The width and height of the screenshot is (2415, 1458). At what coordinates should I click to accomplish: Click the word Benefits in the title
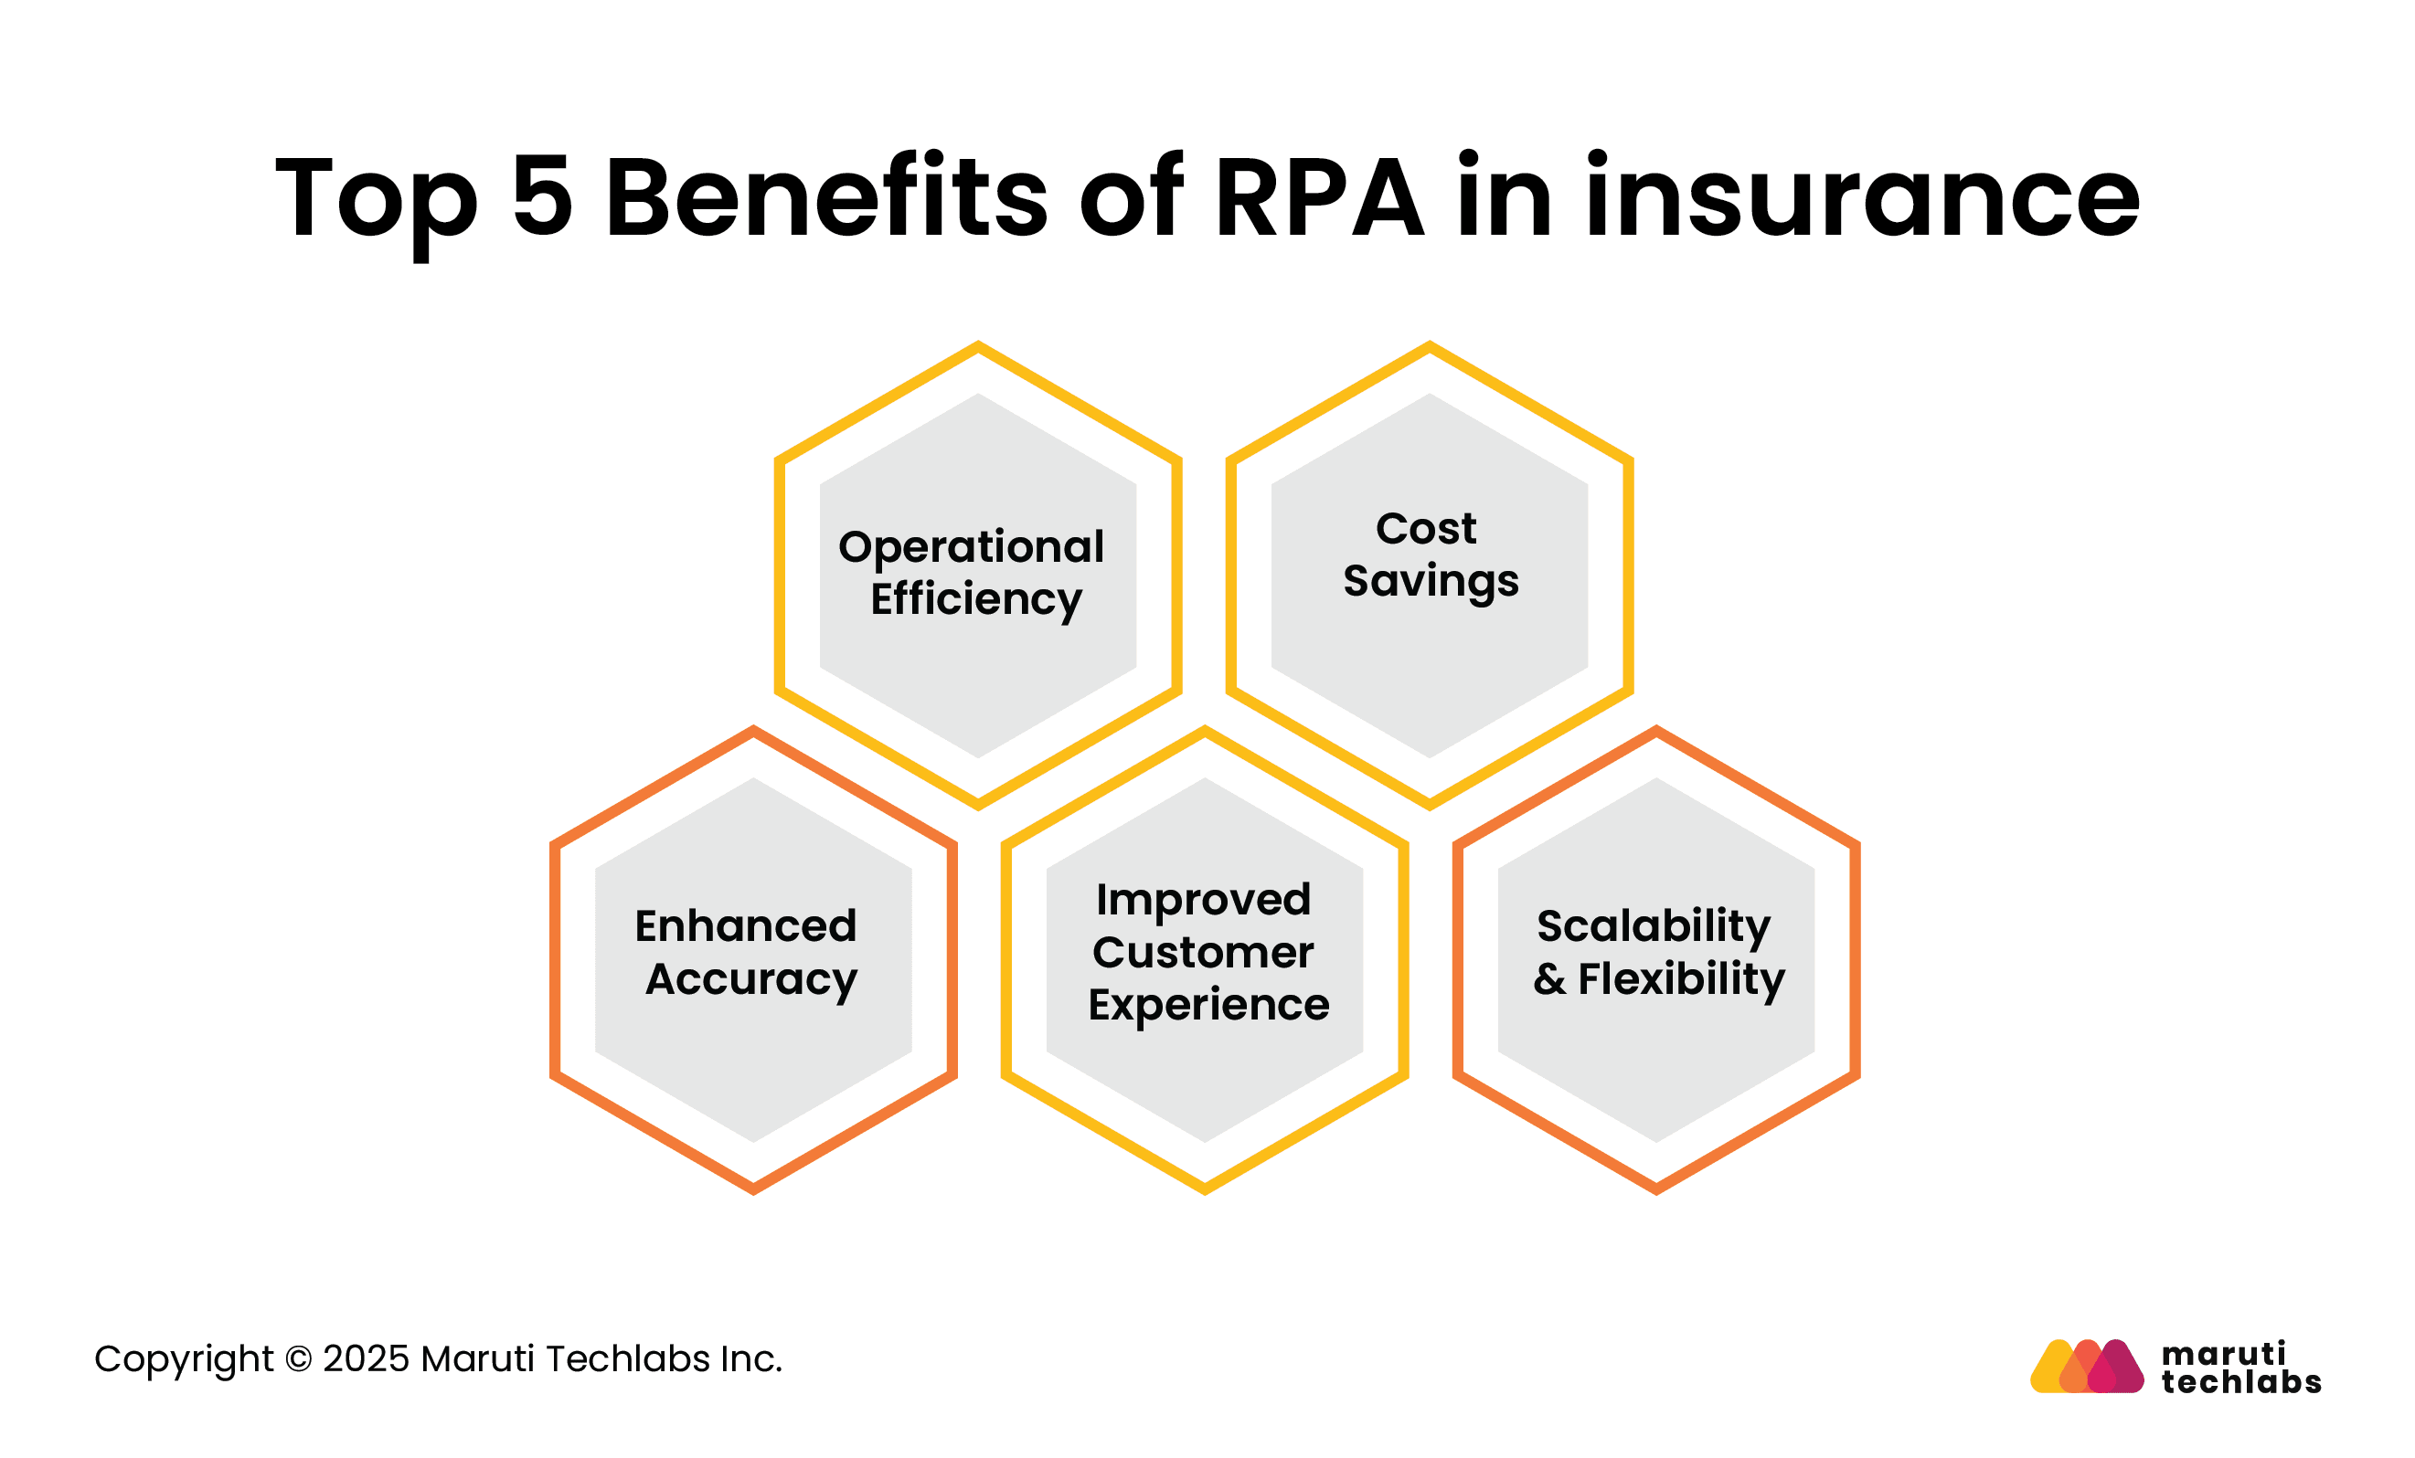tap(827, 196)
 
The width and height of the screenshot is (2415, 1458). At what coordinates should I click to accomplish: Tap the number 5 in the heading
tap(542, 196)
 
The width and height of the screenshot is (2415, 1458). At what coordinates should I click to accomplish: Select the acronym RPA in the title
tap(1319, 196)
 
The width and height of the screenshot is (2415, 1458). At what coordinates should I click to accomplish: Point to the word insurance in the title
tap(1862, 196)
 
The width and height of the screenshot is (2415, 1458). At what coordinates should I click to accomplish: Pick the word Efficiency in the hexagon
tap(976, 599)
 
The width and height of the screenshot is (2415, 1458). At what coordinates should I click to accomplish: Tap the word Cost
tap(1426, 529)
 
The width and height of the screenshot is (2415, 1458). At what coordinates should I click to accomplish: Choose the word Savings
tap(1431, 582)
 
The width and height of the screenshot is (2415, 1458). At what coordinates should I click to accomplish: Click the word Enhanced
tap(746, 927)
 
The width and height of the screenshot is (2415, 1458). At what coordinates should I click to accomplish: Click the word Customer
tap(1204, 954)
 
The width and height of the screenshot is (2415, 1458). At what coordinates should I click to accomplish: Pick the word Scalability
tap(1654, 927)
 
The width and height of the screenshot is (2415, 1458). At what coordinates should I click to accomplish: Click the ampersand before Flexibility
tap(1549, 980)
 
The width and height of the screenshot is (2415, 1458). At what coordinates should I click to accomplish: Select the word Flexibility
tap(1682, 980)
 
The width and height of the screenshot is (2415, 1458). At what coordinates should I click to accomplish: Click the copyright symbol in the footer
tap(298, 1360)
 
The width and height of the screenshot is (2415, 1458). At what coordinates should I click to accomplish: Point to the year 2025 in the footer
tap(366, 1360)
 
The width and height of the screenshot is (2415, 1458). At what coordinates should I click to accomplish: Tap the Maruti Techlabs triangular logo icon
tap(2087, 1367)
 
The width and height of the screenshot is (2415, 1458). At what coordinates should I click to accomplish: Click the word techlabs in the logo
tap(2241, 1382)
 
